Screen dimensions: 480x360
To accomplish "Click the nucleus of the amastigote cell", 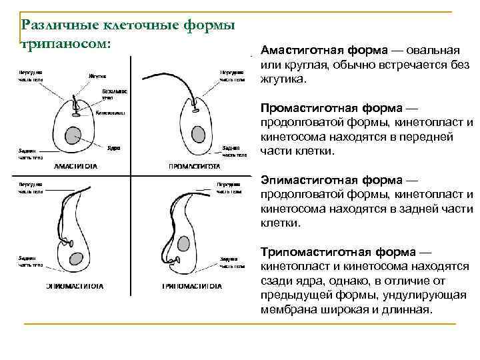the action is pos(74,135).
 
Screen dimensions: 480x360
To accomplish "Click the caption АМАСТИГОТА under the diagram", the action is pos(75,166).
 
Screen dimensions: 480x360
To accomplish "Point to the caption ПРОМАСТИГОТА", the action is pos(195,166).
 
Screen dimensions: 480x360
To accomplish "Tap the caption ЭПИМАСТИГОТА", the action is pos(75,287).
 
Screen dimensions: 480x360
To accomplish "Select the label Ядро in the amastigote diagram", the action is pos(114,147).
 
